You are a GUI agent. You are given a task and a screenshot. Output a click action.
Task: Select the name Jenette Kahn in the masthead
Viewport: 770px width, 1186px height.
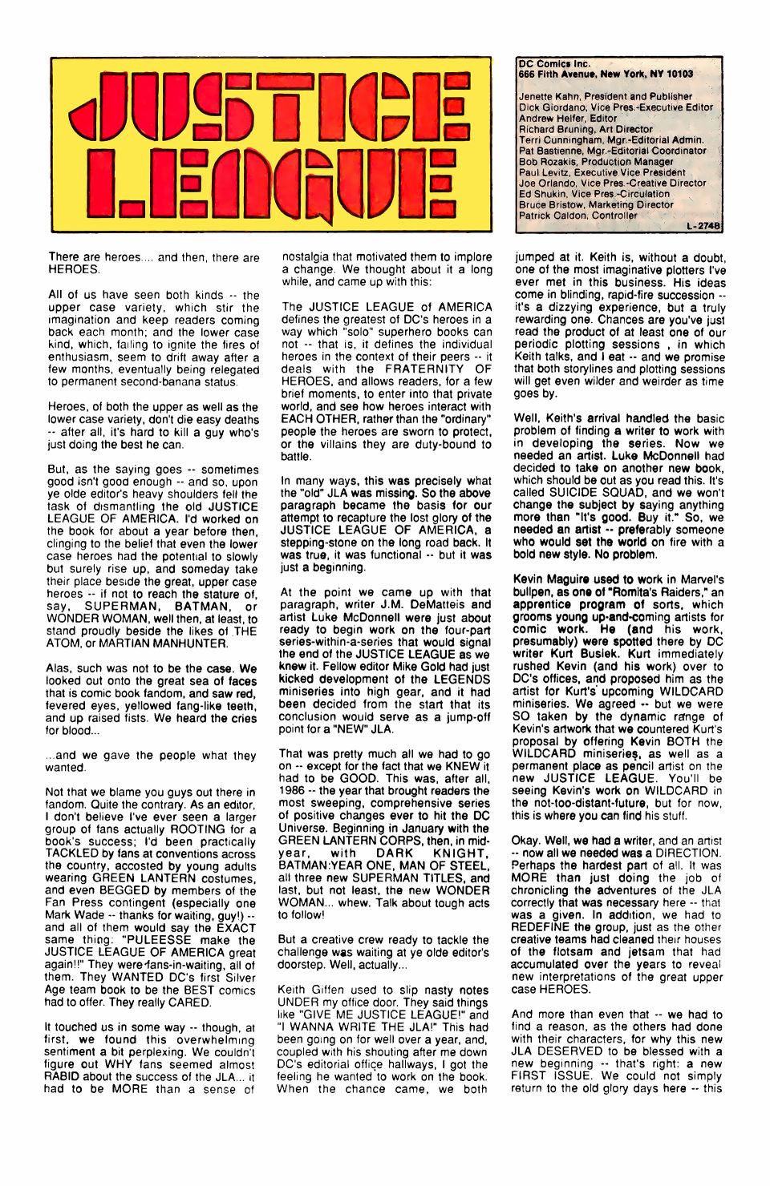551,96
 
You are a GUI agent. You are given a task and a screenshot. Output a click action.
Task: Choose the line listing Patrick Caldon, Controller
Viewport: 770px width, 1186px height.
577,216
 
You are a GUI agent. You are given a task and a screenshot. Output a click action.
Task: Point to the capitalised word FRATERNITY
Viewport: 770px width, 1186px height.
424,369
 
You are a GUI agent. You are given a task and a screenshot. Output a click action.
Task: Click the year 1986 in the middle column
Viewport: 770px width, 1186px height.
294,791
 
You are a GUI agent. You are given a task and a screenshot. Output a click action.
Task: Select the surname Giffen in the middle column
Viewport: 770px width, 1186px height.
334,990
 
